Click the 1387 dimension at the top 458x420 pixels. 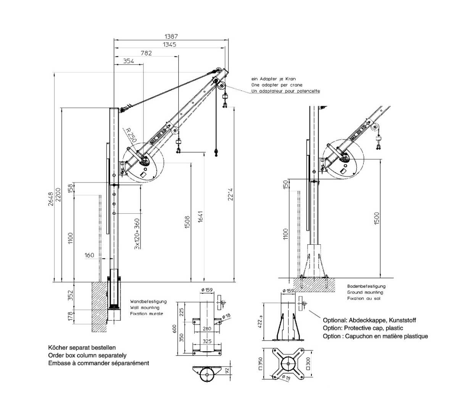coord(171,36)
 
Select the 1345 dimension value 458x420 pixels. coord(169,45)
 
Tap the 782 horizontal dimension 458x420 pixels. coord(146,53)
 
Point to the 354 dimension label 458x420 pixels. coord(129,61)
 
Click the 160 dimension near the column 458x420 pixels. coord(89,255)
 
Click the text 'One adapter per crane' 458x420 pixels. coord(277,85)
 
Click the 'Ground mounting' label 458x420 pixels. coord(365,292)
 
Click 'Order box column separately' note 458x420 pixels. coord(87,355)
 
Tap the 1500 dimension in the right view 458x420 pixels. coord(377,218)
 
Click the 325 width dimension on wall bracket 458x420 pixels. coord(207,341)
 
